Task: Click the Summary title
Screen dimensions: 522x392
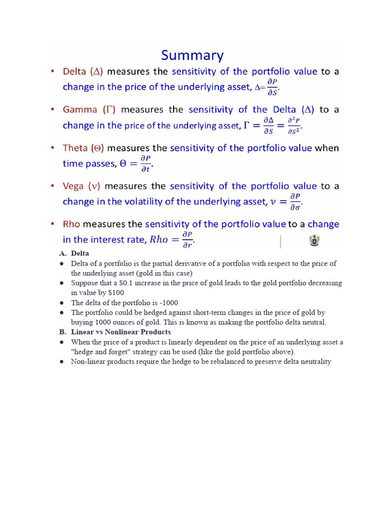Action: click(192, 56)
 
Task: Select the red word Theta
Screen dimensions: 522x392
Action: click(75, 148)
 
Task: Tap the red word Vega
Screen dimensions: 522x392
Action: click(73, 186)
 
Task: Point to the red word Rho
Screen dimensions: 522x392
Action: click(71, 224)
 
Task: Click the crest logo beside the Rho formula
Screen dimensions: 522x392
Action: click(314, 241)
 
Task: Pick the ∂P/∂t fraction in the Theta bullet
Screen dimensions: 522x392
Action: click(145, 164)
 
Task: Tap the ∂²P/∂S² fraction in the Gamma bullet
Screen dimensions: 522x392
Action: click(293, 125)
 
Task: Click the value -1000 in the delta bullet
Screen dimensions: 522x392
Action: click(168, 303)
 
